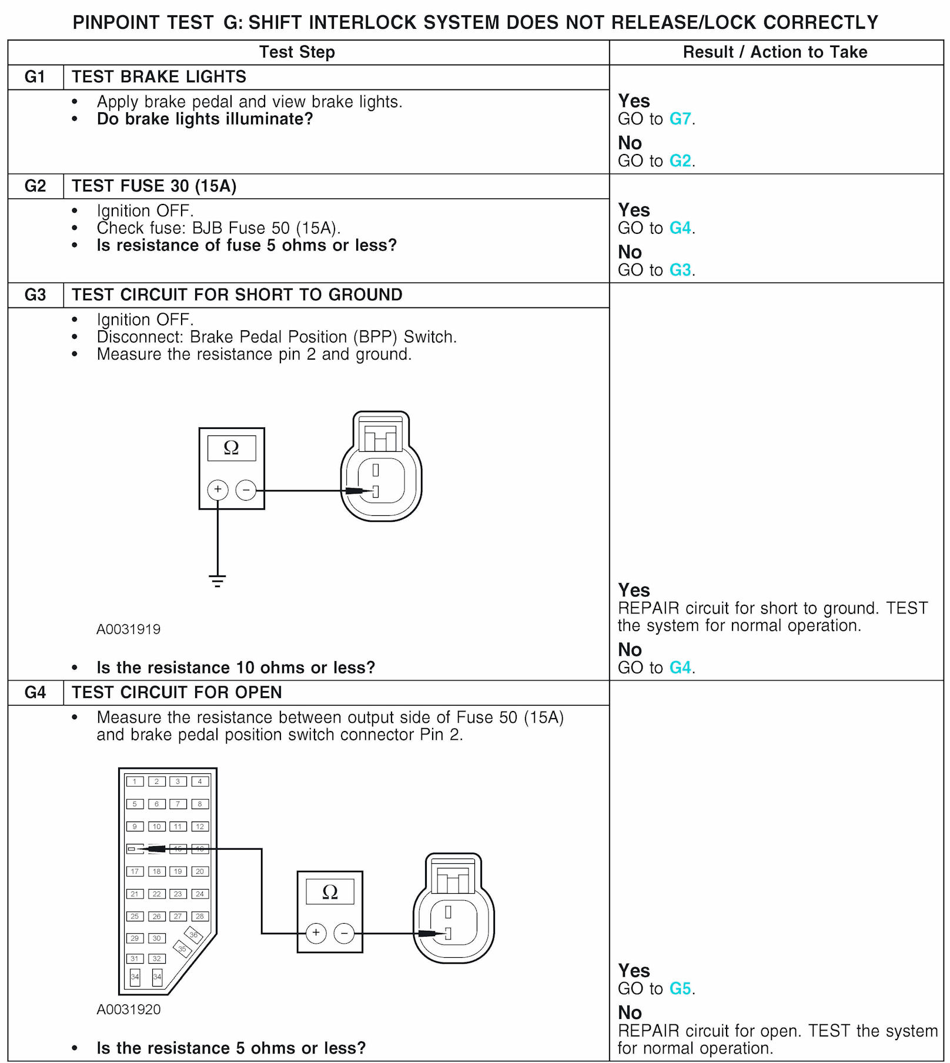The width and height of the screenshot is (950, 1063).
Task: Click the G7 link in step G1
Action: click(680, 119)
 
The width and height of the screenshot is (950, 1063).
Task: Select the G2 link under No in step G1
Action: click(680, 160)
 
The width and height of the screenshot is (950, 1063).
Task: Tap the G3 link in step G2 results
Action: click(680, 270)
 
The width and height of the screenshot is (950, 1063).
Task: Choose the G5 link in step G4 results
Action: click(680, 988)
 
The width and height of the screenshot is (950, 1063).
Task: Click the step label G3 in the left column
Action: click(35, 294)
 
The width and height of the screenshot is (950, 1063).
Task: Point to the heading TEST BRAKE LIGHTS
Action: click(159, 77)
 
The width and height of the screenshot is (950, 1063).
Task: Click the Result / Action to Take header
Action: click(775, 52)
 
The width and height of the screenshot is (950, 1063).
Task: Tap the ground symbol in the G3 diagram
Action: click(217, 581)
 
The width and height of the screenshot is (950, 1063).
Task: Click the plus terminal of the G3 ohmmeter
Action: click(218, 489)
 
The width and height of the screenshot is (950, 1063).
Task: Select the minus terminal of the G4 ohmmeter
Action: click(344, 933)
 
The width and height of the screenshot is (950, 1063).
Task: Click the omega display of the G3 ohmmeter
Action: click(232, 448)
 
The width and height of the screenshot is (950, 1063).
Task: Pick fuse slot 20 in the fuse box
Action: click(200, 871)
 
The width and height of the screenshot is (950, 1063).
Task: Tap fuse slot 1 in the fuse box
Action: click(135, 782)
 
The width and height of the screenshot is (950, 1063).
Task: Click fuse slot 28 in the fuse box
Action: click(200, 916)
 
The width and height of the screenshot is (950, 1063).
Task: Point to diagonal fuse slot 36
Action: click(193, 935)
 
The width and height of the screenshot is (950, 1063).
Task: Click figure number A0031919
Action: click(128, 629)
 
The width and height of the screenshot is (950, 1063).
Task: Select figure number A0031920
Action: click(128, 1010)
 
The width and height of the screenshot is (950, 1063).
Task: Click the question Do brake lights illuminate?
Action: click(205, 119)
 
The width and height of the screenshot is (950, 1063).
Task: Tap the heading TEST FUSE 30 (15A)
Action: click(154, 186)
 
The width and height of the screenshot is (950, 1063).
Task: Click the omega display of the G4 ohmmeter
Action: click(330, 892)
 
